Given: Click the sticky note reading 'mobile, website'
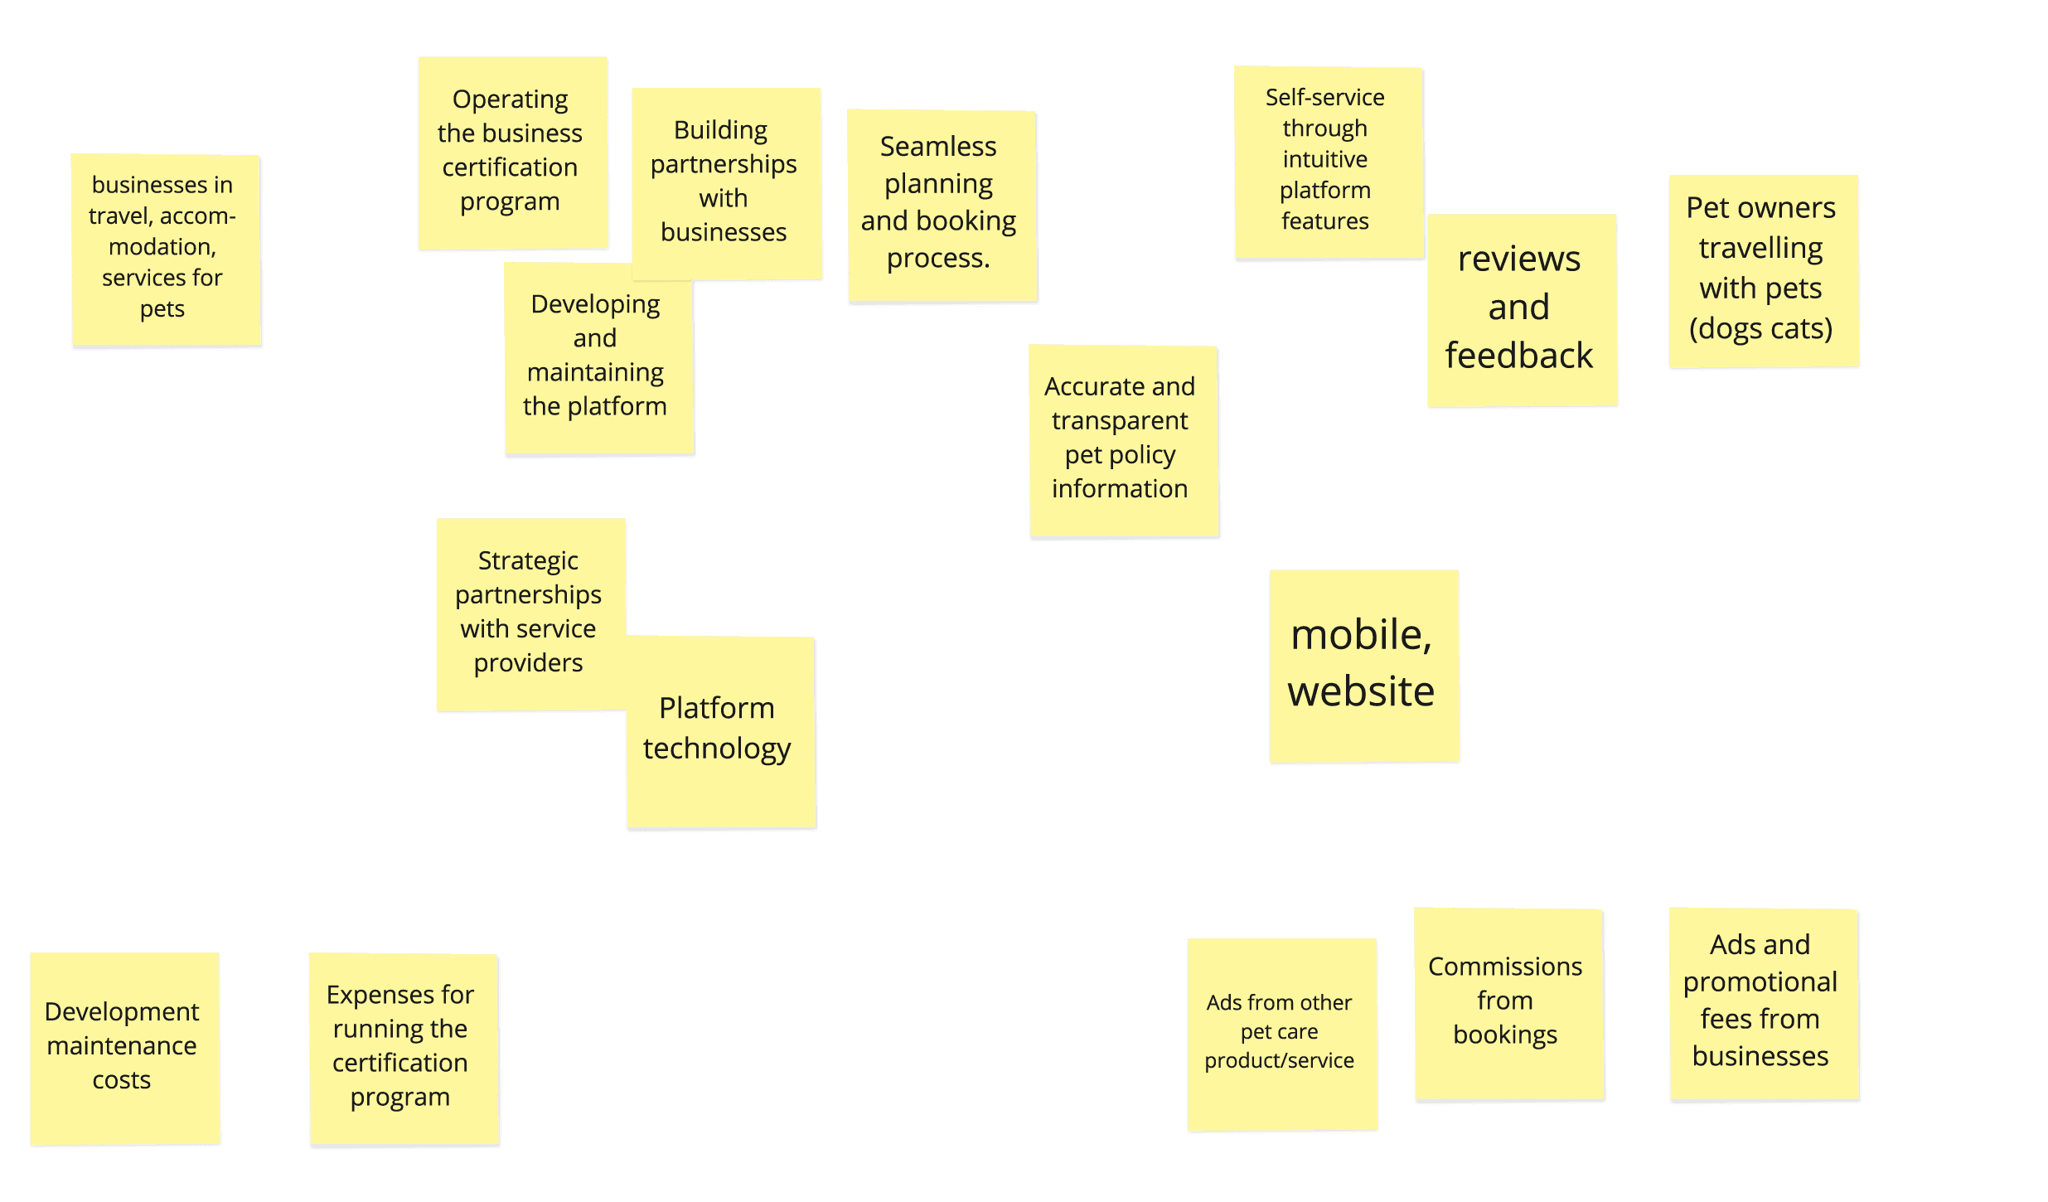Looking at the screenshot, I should pos(1363,666).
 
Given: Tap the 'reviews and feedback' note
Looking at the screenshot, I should pos(1522,310).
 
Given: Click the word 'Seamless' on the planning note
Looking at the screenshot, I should pos(938,147).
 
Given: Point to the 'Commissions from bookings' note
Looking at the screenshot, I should pos(1508,1003).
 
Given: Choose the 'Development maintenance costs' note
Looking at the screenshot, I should pos(124,1048).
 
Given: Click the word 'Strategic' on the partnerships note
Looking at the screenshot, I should pos(528,561).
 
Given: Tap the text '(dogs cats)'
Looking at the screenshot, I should pos(1760,329).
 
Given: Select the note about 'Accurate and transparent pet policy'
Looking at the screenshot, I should pos(1122,440).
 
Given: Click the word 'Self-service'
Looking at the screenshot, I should pos(1324,98).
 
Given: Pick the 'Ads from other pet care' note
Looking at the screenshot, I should pos(1281,1034).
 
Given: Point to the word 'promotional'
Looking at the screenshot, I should pos(1760,982).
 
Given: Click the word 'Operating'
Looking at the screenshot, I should pos(510,99).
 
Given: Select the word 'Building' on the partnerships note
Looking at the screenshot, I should pos(720,130).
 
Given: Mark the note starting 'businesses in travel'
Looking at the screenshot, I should pos(166,249).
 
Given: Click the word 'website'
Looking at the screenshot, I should pos(1361,691).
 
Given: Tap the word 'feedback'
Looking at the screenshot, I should pos(1518,356).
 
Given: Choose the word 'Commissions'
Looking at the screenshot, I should pos(1505,967).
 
